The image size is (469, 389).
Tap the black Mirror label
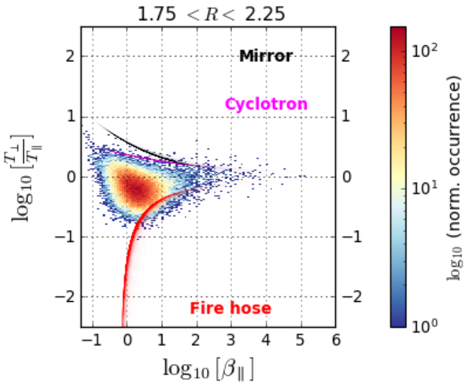tap(266, 56)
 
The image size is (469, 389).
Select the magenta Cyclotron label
tap(266, 105)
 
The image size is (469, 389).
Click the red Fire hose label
tap(231, 308)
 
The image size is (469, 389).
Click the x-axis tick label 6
tap(335, 340)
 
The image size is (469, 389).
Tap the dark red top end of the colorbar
tap(399, 31)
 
